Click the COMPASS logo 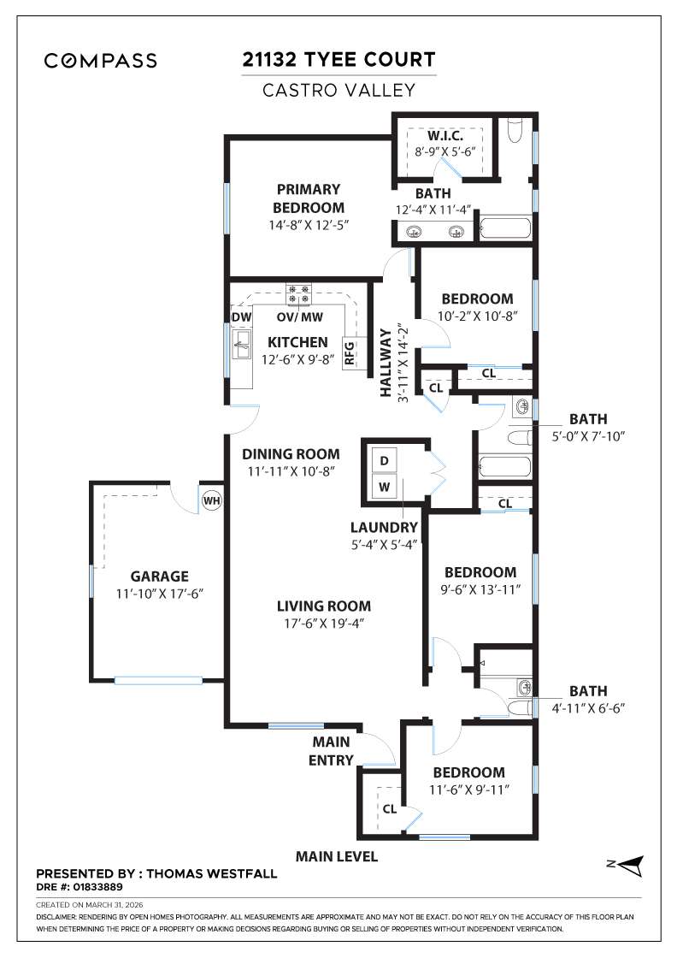click(101, 61)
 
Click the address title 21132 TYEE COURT click(338, 60)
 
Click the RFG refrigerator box click(350, 352)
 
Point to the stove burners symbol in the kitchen click(298, 295)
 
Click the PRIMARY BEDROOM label click(308, 198)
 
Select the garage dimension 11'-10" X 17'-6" click(159, 593)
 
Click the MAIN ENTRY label click(330, 751)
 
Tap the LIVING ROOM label click(323, 606)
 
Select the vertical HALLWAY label click(386, 361)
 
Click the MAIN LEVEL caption click(336, 856)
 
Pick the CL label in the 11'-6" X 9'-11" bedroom click(388, 807)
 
